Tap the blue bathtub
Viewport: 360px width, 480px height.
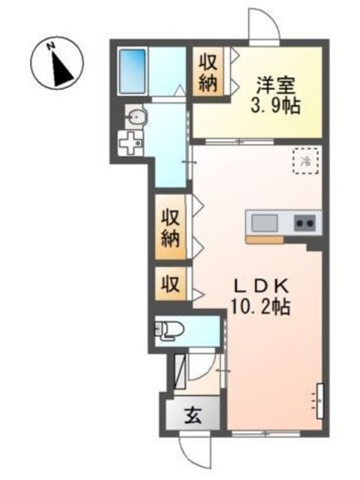(133, 70)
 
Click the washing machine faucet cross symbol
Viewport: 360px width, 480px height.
(132, 142)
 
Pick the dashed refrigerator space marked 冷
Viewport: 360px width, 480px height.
(306, 160)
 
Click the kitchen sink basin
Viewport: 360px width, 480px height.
(263, 223)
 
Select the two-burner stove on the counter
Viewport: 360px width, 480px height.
(305, 223)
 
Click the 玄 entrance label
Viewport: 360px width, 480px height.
(192, 413)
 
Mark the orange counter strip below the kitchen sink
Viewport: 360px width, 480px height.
(263, 240)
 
